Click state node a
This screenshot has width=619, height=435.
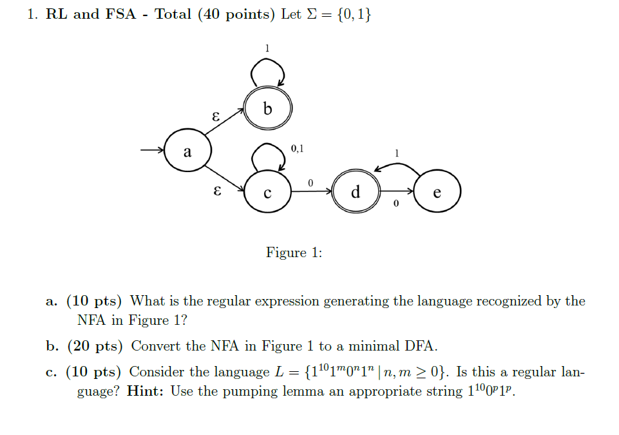pyautogui.click(x=187, y=152)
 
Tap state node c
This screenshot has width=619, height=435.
pyautogui.click(x=268, y=191)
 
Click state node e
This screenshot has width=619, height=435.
pyautogui.click(x=438, y=191)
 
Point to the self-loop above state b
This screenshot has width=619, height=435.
pyautogui.click(x=268, y=70)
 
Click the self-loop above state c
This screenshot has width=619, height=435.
pyautogui.click(x=267, y=154)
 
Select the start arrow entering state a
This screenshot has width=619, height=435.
pyautogui.click(x=152, y=151)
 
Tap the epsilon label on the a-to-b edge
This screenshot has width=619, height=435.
pyautogui.click(x=216, y=117)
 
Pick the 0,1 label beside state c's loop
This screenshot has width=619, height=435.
pyautogui.click(x=298, y=149)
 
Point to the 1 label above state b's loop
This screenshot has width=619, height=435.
pyautogui.click(x=267, y=48)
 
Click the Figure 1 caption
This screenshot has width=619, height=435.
pyautogui.click(x=294, y=252)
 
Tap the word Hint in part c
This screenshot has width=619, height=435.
pyautogui.click(x=146, y=391)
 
